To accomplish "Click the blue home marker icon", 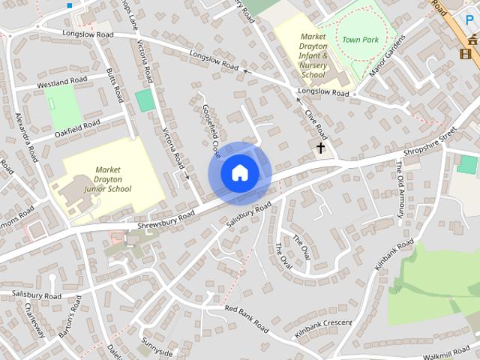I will coord(239,173).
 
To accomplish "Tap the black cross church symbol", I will coord(320,148).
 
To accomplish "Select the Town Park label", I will coord(357,39).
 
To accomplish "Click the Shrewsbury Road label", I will coord(166,219).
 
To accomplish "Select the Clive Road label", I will coord(316,123).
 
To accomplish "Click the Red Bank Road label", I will coord(246,319).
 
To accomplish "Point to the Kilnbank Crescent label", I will coord(323,328).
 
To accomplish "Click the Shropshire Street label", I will coord(430,142).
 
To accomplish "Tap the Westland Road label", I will coord(63,81).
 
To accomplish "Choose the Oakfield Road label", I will coord(77,127).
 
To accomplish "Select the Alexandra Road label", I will coord(28,138).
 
